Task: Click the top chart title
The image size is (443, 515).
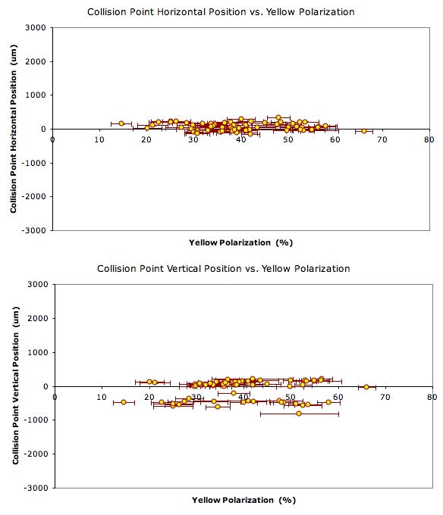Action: pyautogui.click(x=221, y=12)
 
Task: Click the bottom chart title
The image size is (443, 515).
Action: pyautogui.click(x=223, y=269)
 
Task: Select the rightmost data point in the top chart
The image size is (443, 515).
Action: pyautogui.click(x=364, y=131)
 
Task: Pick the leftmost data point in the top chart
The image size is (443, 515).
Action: pyautogui.click(x=121, y=123)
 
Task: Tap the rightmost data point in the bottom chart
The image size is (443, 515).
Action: pyautogui.click(x=366, y=387)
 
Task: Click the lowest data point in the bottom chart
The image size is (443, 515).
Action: pyautogui.click(x=299, y=414)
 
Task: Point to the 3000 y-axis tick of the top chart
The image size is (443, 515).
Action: pyautogui.click(x=36, y=27)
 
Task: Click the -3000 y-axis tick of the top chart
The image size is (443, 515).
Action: pyautogui.click(x=34, y=230)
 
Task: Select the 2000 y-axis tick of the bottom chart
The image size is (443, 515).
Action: pyautogui.click(x=38, y=318)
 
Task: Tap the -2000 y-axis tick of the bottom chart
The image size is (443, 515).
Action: pyautogui.click(x=36, y=454)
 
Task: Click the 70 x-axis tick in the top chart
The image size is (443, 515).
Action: pyautogui.click(x=382, y=140)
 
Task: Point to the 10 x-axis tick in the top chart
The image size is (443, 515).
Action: pyautogui.click(x=99, y=140)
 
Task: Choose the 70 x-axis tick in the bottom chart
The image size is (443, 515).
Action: pyautogui.click(x=385, y=398)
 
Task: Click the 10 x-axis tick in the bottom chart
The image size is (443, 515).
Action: pyautogui.click(x=102, y=398)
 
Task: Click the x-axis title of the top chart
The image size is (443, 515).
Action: pyautogui.click(x=240, y=243)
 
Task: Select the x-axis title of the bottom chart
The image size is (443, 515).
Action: pyautogui.click(x=243, y=500)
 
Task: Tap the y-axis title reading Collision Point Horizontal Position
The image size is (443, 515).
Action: pyautogui.click(x=13, y=129)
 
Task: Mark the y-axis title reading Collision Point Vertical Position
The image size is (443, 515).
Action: pyautogui.click(x=15, y=385)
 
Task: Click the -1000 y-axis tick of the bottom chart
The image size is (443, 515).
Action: pyautogui.click(x=36, y=420)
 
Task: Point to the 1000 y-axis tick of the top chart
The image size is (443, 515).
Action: pyautogui.click(x=36, y=95)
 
